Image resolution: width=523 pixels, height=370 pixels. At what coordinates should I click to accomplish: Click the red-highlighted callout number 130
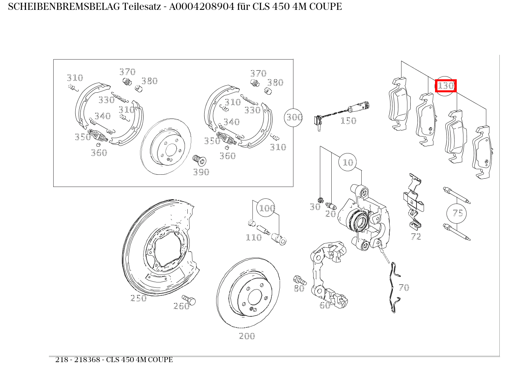[446, 86]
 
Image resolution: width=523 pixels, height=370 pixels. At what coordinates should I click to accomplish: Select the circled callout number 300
[293, 118]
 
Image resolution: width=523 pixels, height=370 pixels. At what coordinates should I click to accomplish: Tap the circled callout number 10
[347, 162]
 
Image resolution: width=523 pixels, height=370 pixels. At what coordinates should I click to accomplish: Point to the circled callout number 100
[266, 208]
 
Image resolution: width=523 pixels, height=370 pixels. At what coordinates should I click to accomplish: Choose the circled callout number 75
[456, 213]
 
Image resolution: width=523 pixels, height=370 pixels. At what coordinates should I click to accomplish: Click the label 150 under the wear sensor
[348, 121]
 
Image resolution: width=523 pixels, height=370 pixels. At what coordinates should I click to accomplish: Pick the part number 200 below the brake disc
[247, 336]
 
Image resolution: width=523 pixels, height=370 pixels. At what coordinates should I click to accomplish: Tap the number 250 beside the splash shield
[138, 298]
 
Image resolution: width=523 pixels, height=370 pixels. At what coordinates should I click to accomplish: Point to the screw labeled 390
[200, 161]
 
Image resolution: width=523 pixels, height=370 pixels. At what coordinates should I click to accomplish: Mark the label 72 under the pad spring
[416, 237]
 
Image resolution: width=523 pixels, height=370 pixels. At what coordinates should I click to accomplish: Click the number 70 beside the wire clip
[404, 288]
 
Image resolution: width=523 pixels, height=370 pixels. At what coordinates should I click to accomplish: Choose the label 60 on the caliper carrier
[325, 305]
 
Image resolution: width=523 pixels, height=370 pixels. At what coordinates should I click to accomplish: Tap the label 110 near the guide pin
[254, 237]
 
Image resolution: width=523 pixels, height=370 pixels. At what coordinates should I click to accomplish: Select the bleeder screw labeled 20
[331, 206]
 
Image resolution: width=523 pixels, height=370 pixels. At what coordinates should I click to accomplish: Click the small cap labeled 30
[321, 200]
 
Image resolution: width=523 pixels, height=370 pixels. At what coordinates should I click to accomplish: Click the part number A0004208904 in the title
[202, 7]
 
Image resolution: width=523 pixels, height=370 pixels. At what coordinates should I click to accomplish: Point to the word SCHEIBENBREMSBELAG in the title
[64, 7]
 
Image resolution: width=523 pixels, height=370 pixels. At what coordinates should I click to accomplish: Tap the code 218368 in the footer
[87, 360]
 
